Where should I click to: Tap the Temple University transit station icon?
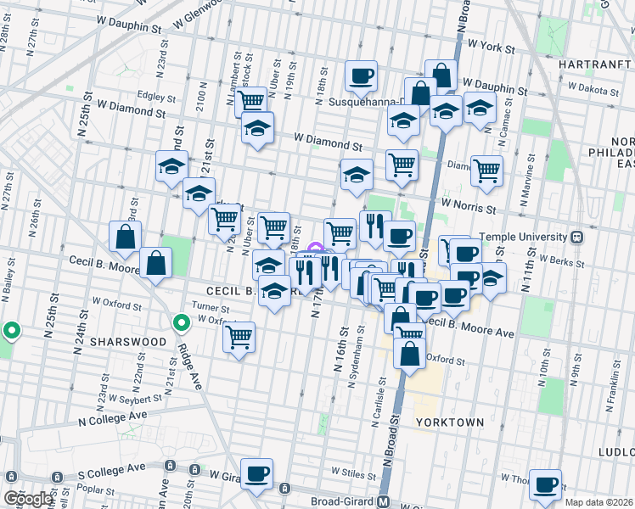pos(576,237)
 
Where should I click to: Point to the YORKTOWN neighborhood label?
pos(450,422)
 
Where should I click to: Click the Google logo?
pos(28,500)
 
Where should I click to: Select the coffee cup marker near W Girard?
pos(256,473)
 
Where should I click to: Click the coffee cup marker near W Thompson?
pos(545,484)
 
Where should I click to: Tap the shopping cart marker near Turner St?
pos(239,337)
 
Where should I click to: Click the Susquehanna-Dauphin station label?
pos(365,103)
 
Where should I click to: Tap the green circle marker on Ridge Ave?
pos(181,322)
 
